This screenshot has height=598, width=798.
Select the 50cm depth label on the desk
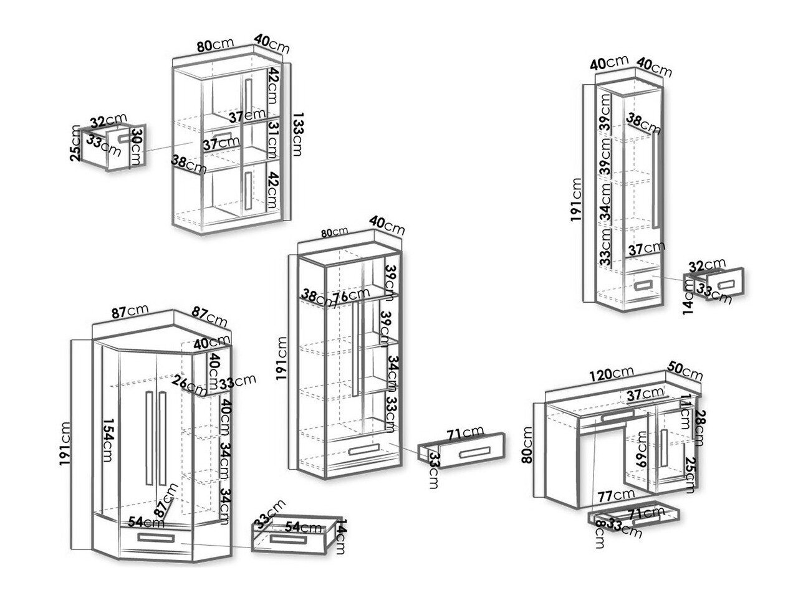(684, 372)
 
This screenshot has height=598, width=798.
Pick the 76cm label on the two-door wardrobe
(351, 297)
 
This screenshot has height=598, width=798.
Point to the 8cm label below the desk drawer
(598, 534)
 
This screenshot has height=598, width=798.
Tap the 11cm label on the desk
(686, 406)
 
